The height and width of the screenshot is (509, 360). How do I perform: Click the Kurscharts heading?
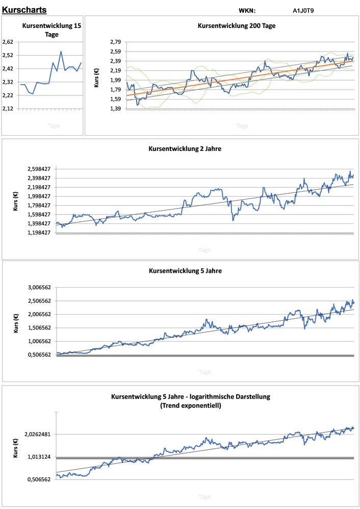(x=24, y=10)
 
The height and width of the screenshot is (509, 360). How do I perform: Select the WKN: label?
(x=247, y=10)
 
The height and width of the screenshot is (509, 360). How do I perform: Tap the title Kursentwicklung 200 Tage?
(x=237, y=26)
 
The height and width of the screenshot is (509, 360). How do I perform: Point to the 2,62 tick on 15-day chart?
(x=8, y=42)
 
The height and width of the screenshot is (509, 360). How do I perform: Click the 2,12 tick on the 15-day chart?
(x=8, y=109)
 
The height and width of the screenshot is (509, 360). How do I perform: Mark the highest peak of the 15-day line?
(x=61, y=51)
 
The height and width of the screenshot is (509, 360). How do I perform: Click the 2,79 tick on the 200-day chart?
(x=116, y=42)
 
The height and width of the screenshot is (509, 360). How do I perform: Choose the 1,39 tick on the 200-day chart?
(x=116, y=109)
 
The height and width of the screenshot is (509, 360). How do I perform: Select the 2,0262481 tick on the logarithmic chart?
(x=37, y=435)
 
